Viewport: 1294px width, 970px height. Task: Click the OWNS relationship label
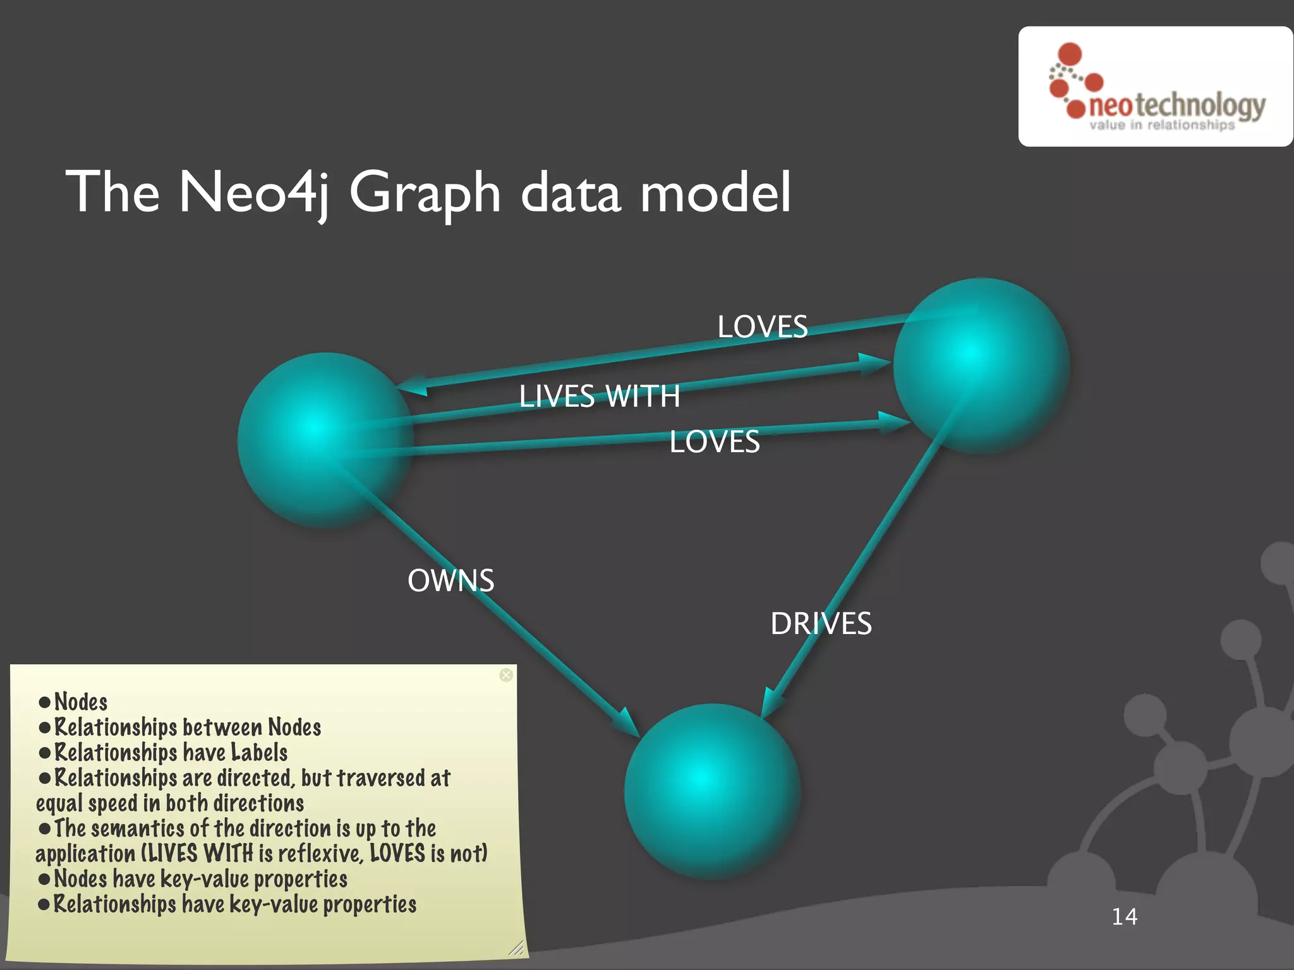pos(450,580)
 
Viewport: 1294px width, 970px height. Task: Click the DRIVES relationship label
pos(821,624)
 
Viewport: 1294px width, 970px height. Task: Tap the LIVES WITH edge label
pos(599,397)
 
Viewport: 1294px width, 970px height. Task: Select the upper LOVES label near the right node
pos(762,327)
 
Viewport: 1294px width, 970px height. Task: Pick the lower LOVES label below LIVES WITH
pos(714,441)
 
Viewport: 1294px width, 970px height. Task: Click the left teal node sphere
pos(325,440)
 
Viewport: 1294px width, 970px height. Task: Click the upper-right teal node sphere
pos(981,365)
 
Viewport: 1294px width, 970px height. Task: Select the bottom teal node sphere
pos(712,791)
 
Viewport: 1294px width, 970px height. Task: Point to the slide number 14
pos(1124,916)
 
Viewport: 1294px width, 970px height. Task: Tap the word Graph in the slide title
pos(425,192)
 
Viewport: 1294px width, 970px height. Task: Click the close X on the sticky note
pos(506,675)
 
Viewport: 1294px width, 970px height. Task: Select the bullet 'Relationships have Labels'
pos(171,753)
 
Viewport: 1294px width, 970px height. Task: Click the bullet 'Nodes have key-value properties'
pos(200,879)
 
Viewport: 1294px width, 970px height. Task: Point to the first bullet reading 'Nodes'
pos(81,702)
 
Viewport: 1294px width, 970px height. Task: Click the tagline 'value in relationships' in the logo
pos(1162,125)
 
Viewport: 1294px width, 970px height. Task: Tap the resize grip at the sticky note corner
pos(517,947)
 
